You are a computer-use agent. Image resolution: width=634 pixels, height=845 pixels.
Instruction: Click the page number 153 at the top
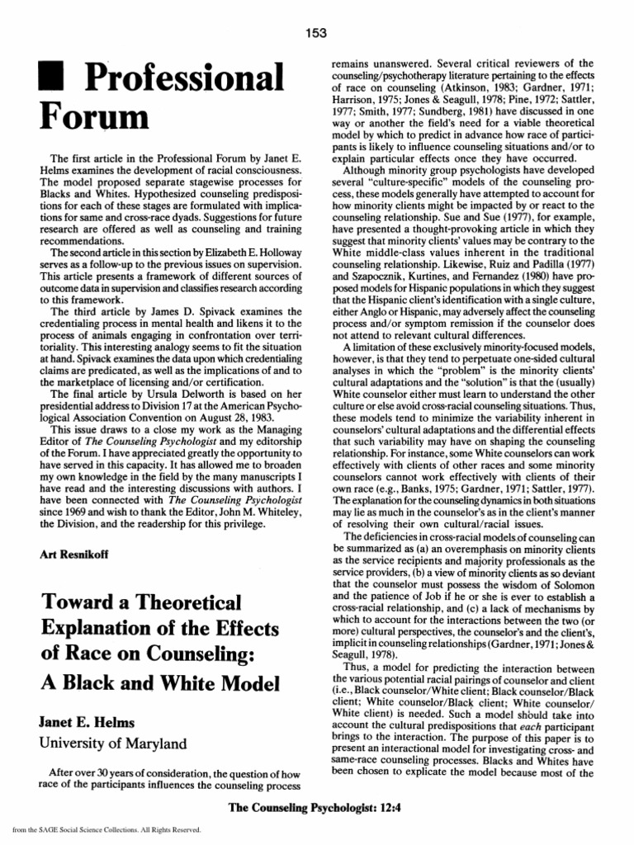tap(316, 33)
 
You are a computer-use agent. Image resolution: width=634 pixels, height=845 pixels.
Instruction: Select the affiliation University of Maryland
tap(111, 743)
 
